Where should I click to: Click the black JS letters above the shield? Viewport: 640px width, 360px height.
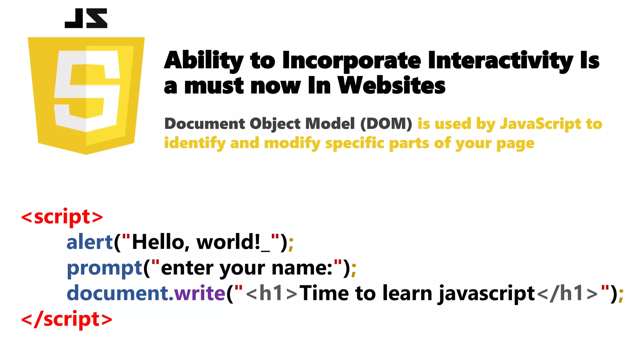[x=86, y=18]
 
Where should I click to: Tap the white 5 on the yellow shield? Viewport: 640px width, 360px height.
[x=87, y=91]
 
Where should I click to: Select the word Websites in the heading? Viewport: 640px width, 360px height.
[x=392, y=86]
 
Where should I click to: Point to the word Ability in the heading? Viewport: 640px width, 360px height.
[x=203, y=60]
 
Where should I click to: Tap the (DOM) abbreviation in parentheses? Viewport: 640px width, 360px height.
[x=386, y=124]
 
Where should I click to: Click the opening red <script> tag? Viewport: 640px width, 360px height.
[x=62, y=217]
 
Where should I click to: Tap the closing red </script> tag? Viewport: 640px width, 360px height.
[x=67, y=319]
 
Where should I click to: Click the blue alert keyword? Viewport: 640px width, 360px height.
[x=90, y=242]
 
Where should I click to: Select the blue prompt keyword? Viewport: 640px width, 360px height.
[x=104, y=268]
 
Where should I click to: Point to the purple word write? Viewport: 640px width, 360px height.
[x=200, y=293]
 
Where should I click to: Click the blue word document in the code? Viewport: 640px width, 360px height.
[x=117, y=293]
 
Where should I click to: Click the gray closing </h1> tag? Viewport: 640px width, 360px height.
[x=567, y=293]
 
